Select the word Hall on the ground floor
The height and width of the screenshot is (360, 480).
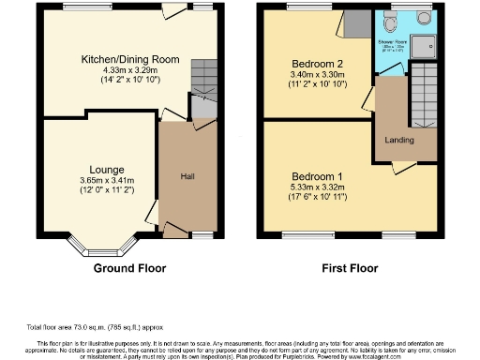point(187,174)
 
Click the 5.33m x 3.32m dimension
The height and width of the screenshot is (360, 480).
point(319,187)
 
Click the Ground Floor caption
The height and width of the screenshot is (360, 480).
point(131,268)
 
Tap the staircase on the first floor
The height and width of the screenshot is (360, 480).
point(424,94)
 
